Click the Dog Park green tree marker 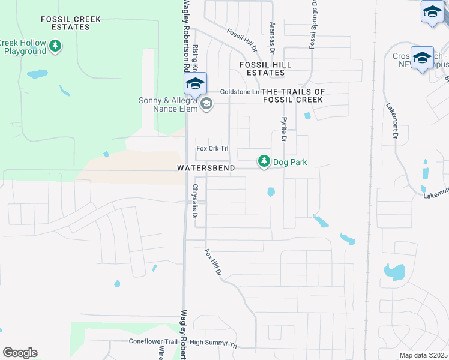[264, 161]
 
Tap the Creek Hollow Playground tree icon [55, 46]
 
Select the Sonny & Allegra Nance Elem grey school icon [206, 104]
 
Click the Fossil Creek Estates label [71, 23]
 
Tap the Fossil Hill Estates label [265, 68]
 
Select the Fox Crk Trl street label [212, 148]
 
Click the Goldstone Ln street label [239, 91]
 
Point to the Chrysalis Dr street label [194, 201]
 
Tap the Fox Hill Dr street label [213, 262]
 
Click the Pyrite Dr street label [283, 128]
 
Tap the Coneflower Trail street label [154, 341]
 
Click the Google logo [20, 353]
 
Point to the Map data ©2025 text [424, 355]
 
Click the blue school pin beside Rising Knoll [195, 83]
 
